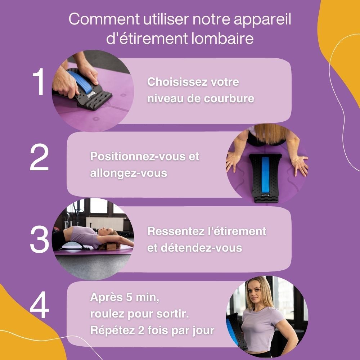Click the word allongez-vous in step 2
129,173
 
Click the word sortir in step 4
175,314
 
